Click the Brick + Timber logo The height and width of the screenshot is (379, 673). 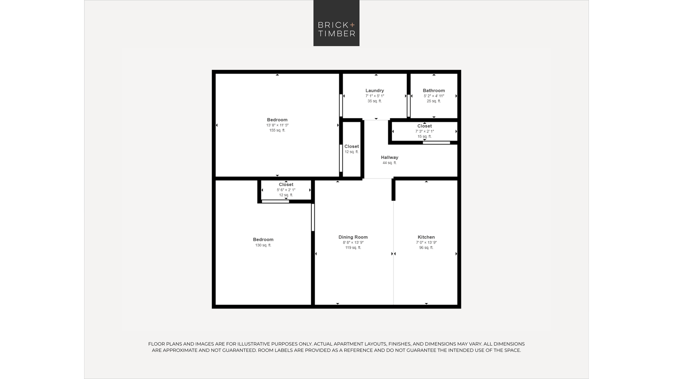point(336,23)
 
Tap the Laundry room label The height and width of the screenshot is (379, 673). point(375,90)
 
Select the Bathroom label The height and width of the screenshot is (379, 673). point(434,90)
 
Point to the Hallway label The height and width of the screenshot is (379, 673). point(389,157)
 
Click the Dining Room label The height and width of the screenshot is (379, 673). point(353,237)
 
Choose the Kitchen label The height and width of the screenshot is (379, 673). point(426,237)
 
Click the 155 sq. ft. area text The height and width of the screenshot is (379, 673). point(277,130)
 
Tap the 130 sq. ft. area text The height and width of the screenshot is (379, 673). point(263,245)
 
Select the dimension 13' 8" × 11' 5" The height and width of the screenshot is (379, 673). point(277,125)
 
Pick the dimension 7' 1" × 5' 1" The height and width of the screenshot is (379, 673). point(375,96)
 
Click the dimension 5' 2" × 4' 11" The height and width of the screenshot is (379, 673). point(434,96)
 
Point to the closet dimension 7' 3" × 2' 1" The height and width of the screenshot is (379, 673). point(424,131)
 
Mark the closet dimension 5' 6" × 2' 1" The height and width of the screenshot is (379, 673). point(286,190)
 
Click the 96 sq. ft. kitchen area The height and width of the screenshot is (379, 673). point(426,248)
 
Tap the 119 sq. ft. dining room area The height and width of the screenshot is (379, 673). point(353,248)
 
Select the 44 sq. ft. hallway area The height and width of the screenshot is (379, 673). point(389,163)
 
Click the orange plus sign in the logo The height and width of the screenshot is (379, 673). point(352,25)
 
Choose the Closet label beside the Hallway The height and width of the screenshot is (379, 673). point(352,146)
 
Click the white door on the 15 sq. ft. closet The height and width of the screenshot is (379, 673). point(436,143)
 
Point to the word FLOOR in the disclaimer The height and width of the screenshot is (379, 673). point(156,344)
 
